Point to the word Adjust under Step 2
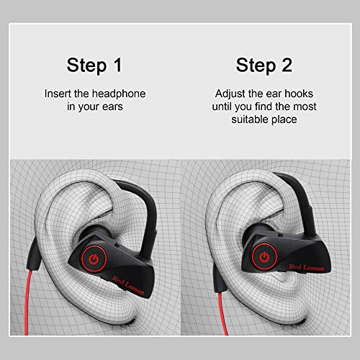[230, 94]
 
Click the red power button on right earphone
[264, 256]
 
